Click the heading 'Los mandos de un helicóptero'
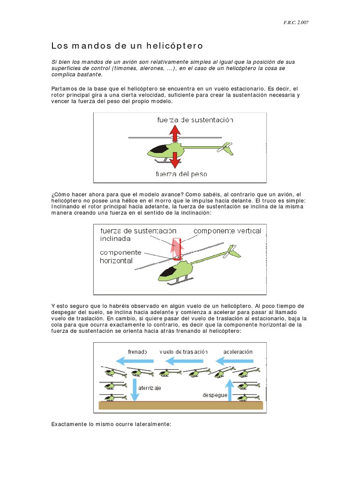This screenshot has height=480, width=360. pos(127,46)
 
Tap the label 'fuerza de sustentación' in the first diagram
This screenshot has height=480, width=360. pos(195,120)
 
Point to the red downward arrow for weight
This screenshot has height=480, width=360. pos(175,161)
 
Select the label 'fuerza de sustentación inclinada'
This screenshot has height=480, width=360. pos(138,234)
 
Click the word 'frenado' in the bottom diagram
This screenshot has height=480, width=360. pos(137,352)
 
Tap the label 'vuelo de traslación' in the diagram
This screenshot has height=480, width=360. pos(183,352)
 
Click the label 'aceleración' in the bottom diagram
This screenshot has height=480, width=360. pos(238,352)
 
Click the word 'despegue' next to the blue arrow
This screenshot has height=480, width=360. pos(215,395)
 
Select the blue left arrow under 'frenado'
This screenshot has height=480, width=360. pos(135,361)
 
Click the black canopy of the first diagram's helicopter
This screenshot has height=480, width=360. pos(159,149)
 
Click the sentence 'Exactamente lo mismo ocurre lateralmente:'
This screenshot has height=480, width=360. pos(111,424)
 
